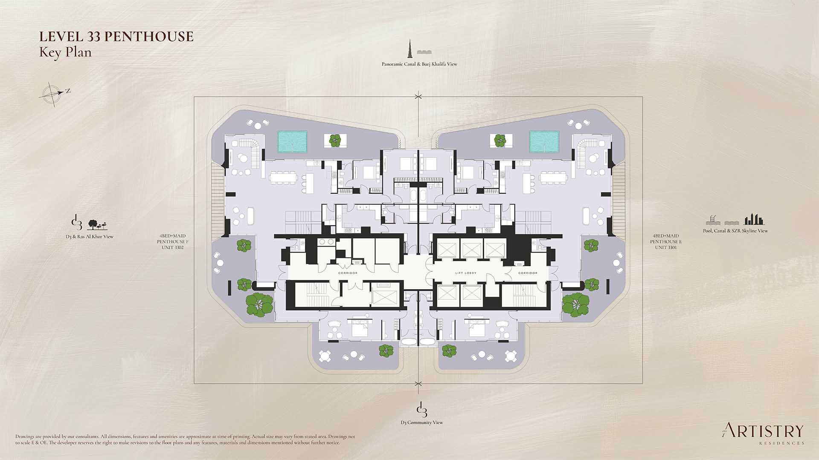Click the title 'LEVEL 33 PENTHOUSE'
click(116, 37)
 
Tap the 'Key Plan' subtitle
click(65, 52)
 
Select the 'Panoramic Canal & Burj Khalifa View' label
click(419, 64)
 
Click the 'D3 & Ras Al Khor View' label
click(92, 236)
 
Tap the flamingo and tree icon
click(97, 224)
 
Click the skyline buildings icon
click(754, 220)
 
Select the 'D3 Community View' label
click(421, 423)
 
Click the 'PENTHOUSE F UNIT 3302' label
click(172, 241)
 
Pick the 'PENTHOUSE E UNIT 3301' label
click(666, 241)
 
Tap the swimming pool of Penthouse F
click(293, 142)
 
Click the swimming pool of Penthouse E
click(544, 142)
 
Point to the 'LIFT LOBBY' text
click(465, 273)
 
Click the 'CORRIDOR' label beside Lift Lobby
click(528, 273)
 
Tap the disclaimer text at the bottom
click(185, 440)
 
